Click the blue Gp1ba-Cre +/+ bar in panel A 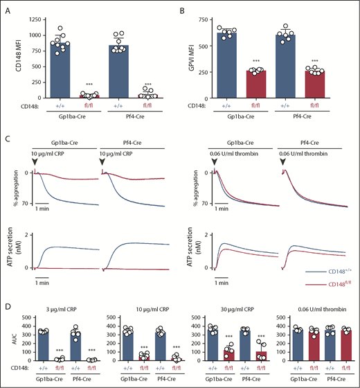58,70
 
